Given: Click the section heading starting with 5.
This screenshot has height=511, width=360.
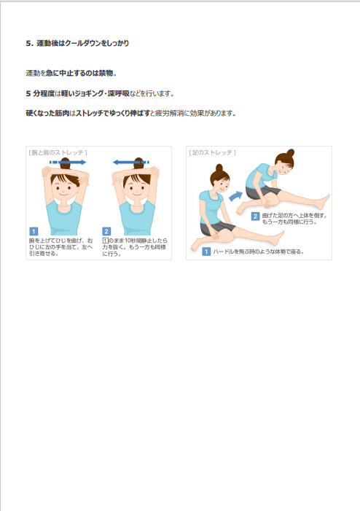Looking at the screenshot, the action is (x=77, y=43).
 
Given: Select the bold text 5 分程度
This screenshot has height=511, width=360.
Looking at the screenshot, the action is (x=40, y=93).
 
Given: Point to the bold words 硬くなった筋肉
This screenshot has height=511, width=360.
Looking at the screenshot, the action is (x=47, y=114).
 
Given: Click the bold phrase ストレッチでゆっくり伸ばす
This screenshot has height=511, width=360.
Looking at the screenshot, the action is (x=113, y=114).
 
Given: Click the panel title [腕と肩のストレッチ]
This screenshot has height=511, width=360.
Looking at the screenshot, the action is (x=58, y=152).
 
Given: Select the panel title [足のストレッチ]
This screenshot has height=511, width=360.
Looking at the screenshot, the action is (x=212, y=152).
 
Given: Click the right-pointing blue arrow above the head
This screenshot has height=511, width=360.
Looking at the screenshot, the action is (x=68, y=162).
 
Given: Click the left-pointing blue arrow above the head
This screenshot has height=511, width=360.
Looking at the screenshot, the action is (x=131, y=162).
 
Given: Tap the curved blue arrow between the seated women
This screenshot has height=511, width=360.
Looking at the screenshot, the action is (x=235, y=196).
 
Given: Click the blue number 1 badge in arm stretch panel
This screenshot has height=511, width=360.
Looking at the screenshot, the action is (x=34, y=231).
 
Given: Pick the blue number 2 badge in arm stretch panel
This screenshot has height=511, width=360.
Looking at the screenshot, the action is (x=106, y=231).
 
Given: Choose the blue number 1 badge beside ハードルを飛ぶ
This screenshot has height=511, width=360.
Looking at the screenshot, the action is (x=206, y=251).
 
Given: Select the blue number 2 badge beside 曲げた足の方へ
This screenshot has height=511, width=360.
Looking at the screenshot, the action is (x=255, y=217).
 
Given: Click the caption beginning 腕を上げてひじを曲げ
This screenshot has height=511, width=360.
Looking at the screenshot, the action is (x=61, y=247).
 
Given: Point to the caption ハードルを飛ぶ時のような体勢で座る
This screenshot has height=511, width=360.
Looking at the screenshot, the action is (x=259, y=251).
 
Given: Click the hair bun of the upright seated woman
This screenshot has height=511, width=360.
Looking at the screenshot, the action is (x=219, y=168).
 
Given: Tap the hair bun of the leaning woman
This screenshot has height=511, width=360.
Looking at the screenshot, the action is (x=290, y=152).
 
